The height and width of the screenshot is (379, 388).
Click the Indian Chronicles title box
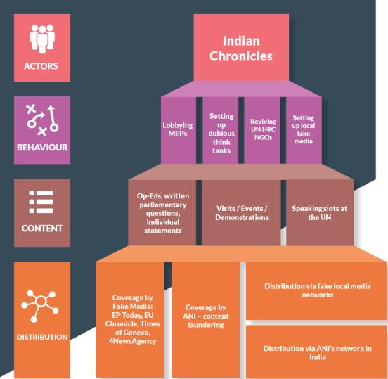(241, 47)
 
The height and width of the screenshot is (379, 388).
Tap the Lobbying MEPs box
(178, 129)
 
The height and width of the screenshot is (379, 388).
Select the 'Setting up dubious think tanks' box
(221, 129)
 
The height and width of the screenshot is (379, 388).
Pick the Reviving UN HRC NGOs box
(262, 129)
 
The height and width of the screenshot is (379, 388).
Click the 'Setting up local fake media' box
(304, 129)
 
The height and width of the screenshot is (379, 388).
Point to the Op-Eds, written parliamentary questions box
(162, 212)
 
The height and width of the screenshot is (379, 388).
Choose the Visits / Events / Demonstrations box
(242, 212)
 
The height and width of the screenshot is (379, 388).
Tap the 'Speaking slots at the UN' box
(321, 212)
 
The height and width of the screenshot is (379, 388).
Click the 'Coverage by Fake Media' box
(130, 319)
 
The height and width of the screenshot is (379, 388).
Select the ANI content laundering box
(206, 319)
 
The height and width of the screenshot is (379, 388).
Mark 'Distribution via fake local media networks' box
(316, 290)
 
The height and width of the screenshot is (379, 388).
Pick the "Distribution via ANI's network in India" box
(316, 352)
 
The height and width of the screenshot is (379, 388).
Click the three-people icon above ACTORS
(42, 39)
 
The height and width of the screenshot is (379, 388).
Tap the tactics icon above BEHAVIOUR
(43, 120)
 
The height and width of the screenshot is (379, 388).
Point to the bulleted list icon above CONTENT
(41, 202)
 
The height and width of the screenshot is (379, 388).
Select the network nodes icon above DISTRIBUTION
(40, 306)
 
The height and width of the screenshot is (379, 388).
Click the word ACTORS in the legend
(41, 66)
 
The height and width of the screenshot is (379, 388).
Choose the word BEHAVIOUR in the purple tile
(42, 147)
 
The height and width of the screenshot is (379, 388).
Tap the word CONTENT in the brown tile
(42, 229)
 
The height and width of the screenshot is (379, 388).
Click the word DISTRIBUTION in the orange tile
(42, 337)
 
